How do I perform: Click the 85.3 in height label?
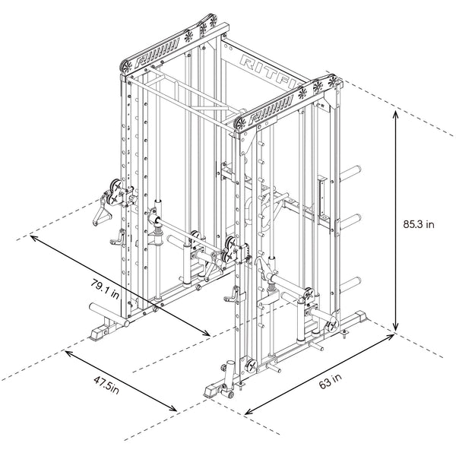419,224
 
